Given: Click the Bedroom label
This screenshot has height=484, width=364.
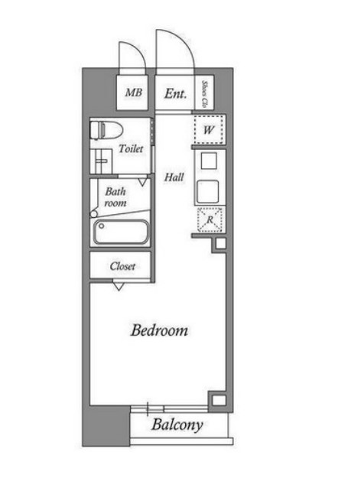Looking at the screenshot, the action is pos(159,330).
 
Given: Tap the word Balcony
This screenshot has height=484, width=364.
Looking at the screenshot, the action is pos(177,424).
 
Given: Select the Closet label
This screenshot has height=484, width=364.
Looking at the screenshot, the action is pos(122,266).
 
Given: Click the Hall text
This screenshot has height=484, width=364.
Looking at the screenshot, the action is pos(174,177).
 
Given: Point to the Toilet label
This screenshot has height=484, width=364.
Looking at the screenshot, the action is pos(132,149).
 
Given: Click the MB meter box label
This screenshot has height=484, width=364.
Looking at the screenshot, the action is pos(133,93).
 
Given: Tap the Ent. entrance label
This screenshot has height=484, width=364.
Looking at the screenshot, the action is pos(175,93).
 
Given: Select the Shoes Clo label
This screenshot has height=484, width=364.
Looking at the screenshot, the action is pos(203,94).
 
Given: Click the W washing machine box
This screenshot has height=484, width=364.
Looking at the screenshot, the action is pos(209,130).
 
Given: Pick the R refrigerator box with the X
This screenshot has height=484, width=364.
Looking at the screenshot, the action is pos(210,219).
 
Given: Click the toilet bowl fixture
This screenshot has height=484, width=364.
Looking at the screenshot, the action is pos(106,130).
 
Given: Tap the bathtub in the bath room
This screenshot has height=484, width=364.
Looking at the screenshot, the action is pos(120,232).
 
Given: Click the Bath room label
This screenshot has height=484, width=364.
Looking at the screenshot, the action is pos(115,197).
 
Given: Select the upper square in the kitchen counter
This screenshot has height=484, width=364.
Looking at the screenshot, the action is pos(209,161).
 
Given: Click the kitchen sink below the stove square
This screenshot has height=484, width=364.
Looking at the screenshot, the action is pos(208,191).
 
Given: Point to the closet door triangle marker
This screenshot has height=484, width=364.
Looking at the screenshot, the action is pos(119,287).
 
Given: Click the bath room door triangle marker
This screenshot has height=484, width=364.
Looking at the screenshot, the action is pos(142,182).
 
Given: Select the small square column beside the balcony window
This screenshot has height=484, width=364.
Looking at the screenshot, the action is pos(219,401).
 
